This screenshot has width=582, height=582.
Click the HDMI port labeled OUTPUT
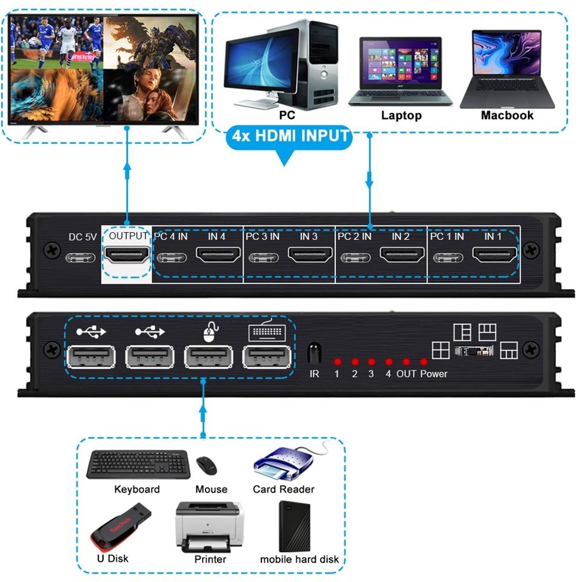point(127,256)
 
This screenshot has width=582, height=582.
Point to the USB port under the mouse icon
point(209,356)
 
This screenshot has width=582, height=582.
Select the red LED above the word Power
point(424,362)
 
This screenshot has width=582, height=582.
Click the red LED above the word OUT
point(406,362)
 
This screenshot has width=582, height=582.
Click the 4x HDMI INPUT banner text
point(291,136)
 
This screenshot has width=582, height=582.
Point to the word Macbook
point(507,115)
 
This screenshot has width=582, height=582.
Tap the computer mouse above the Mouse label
point(207,466)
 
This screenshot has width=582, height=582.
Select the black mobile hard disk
point(295,526)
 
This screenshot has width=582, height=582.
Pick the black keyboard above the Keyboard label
point(138,465)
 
